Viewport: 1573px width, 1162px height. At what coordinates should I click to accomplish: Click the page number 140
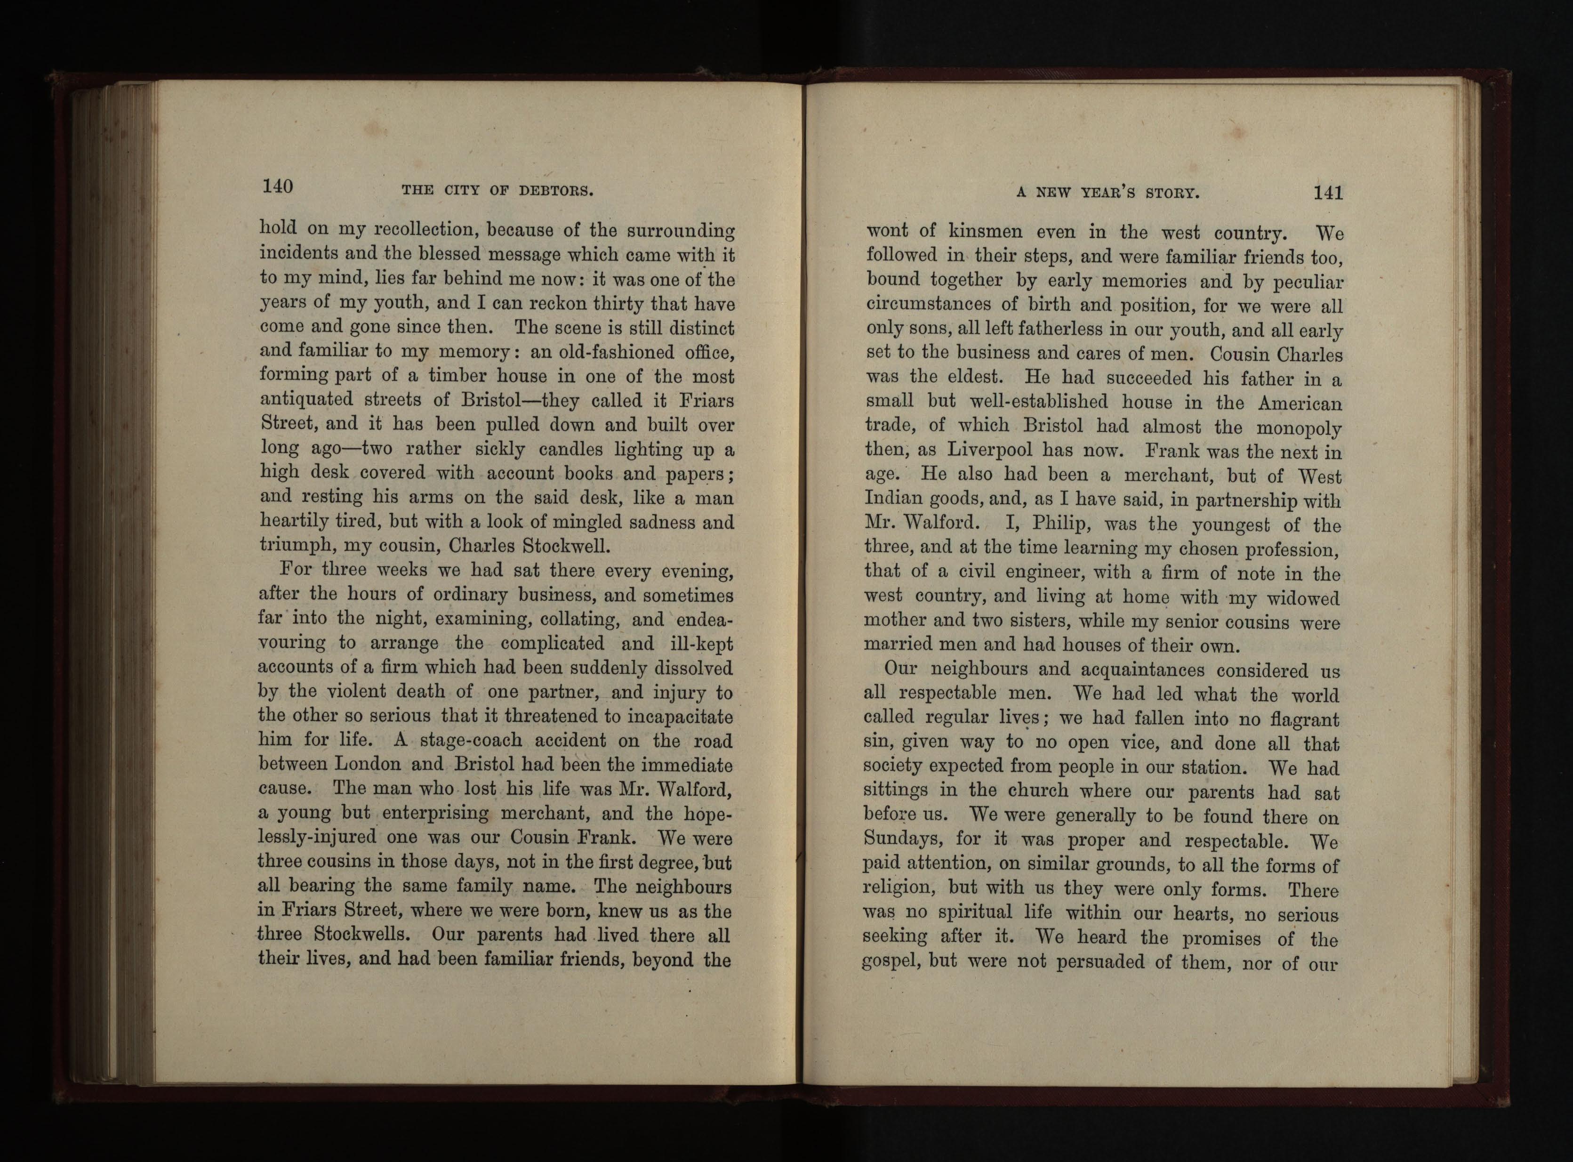277,186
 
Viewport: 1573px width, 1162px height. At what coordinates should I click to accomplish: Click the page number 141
1328,193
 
